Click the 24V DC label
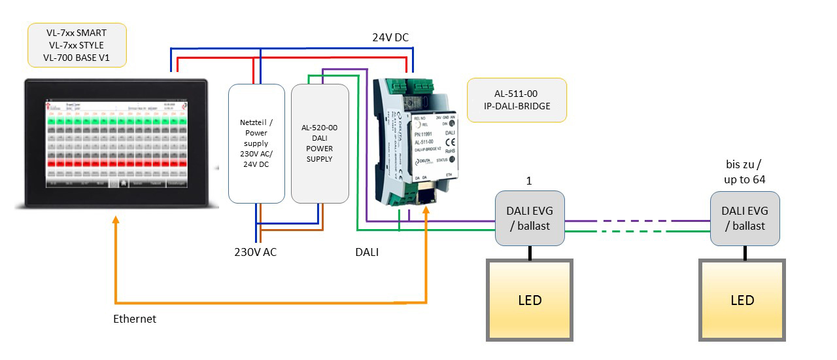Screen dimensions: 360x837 point(390,38)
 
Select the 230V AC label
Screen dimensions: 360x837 point(256,251)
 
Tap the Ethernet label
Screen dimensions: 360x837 point(135,319)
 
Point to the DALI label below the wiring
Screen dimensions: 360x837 point(366,251)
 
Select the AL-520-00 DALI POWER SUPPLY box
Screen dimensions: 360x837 point(320,143)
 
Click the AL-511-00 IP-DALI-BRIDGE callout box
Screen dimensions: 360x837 point(517,100)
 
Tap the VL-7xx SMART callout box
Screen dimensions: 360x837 point(77,45)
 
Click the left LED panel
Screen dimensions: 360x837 point(529,300)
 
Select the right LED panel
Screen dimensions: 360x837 point(742,300)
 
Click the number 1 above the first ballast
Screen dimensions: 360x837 point(530,179)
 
